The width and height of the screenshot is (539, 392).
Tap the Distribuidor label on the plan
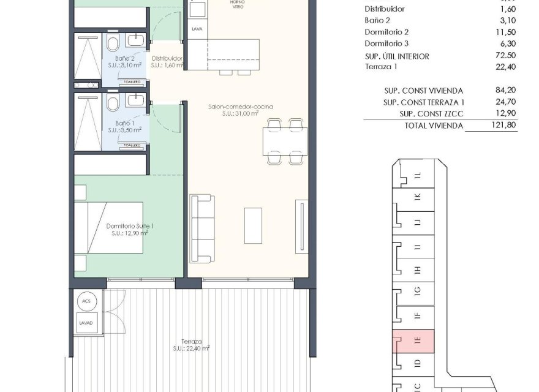[x=168, y=59]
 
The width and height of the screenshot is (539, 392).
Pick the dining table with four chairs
[x=286, y=141]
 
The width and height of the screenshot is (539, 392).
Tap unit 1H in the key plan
[x=417, y=270]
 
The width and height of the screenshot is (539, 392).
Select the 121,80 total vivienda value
[x=505, y=125]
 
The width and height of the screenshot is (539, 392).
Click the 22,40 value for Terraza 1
[x=505, y=67]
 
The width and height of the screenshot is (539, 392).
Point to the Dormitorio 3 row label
[x=386, y=43]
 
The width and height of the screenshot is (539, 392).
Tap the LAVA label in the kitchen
[x=197, y=29]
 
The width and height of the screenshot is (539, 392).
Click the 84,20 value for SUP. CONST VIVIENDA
[x=505, y=90]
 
